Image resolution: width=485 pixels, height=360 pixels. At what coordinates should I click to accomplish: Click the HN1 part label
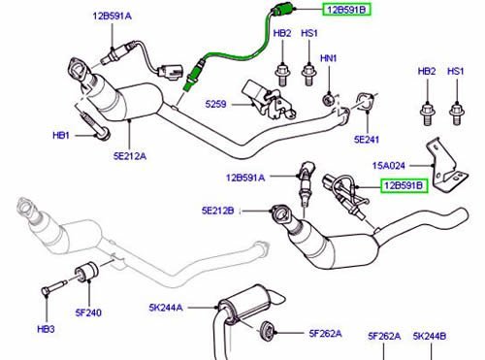pyautogui.click(x=329, y=58)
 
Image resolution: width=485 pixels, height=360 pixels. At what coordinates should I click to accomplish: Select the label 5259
pyautogui.click(x=215, y=104)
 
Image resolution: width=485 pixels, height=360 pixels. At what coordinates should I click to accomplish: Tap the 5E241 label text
pyautogui.click(x=367, y=140)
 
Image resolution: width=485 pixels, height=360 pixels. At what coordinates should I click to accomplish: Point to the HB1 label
pyautogui.click(x=61, y=135)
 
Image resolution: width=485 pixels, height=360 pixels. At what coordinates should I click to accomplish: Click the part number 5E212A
pyautogui.click(x=130, y=156)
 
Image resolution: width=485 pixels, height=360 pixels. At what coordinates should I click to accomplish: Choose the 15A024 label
pyautogui.click(x=389, y=166)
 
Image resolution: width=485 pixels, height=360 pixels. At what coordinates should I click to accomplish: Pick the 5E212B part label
pyautogui.click(x=217, y=211)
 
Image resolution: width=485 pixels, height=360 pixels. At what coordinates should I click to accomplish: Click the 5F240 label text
pyautogui.click(x=88, y=312)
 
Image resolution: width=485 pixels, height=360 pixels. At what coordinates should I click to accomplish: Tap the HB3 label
pyautogui.click(x=46, y=329)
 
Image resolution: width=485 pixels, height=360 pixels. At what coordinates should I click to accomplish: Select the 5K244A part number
pyautogui.click(x=166, y=308)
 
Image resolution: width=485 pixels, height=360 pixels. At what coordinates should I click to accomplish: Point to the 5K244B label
pyautogui.click(x=430, y=336)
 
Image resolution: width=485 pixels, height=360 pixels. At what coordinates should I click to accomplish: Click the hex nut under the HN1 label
pyautogui.click(x=329, y=99)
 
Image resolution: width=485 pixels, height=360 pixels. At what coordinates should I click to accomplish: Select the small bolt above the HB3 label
pyautogui.click(x=53, y=287)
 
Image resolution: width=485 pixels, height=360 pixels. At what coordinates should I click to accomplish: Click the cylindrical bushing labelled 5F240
pyautogui.click(x=86, y=272)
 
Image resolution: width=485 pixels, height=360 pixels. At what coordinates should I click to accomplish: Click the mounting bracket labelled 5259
pyautogui.click(x=269, y=99)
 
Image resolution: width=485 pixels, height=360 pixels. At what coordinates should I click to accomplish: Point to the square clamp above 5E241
pyautogui.click(x=366, y=102)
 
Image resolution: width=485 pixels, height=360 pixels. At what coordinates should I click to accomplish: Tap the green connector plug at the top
pyautogui.click(x=282, y=9)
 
